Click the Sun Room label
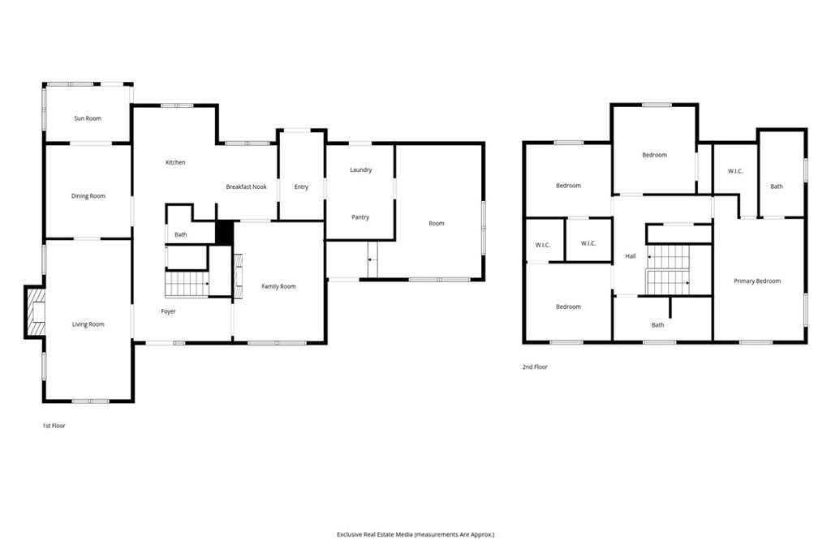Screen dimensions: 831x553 [88, 118]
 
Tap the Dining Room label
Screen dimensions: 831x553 [88, 196]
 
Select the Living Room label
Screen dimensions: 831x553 [88, 324]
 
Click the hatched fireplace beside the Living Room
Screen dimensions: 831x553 [34, 312]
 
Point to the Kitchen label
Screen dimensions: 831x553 [175, 163]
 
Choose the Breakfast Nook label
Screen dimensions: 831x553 [247, 187]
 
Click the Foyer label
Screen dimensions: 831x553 [169, 311]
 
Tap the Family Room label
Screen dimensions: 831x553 [279, 286]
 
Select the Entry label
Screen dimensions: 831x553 [302, 187]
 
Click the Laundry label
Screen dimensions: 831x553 [361, 170]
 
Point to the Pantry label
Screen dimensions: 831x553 [360, 217]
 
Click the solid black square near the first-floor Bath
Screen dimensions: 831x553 [225, 233]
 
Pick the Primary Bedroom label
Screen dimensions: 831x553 [757, 281]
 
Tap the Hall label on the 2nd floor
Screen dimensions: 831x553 [631, 256]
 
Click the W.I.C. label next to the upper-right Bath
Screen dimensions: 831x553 [735, 171]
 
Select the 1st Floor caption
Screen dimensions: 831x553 [54, 426]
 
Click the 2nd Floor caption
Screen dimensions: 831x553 [535, 367]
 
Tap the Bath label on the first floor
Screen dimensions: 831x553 [181, 234]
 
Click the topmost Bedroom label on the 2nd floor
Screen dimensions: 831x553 [655, 155]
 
